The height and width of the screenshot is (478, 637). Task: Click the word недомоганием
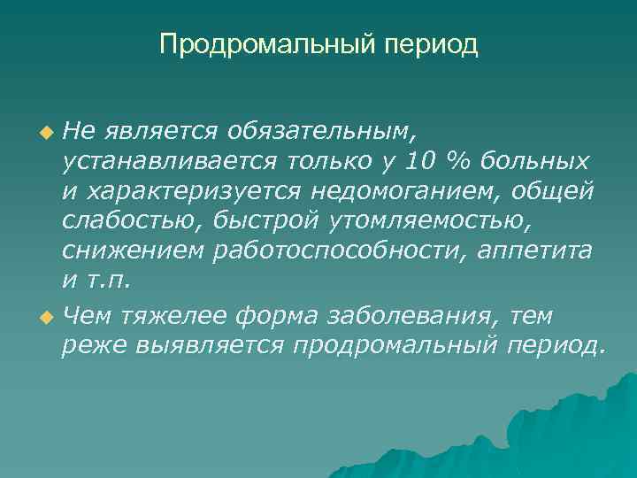(413, 192)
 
